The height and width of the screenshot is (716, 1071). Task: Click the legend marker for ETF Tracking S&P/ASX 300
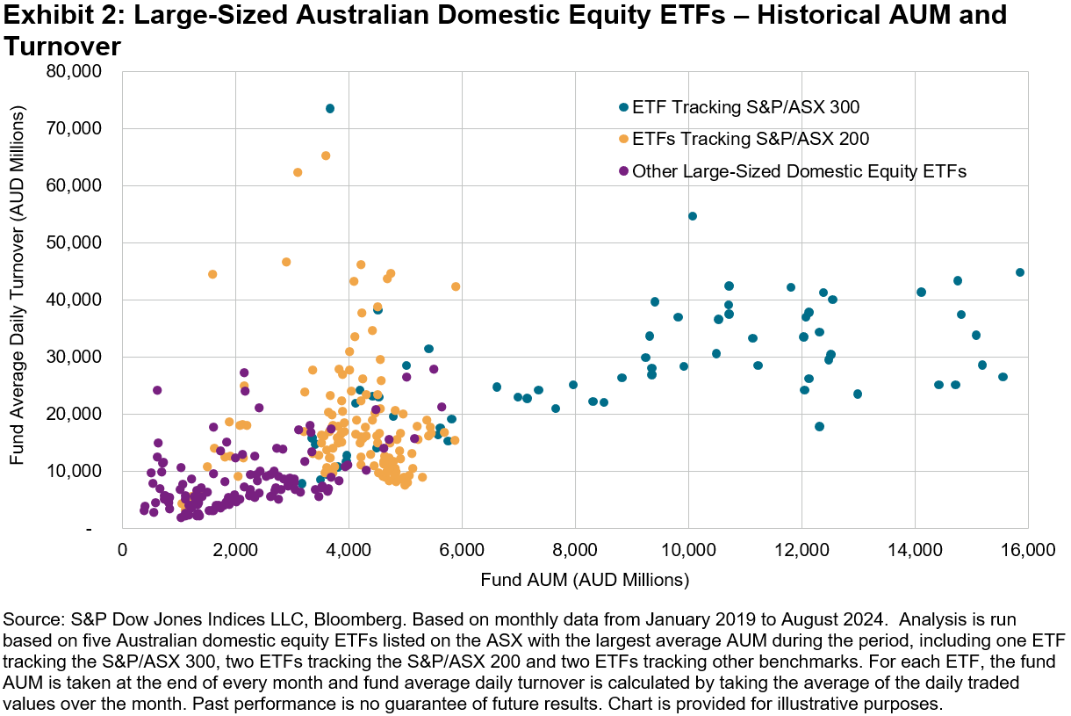tap(623, 107)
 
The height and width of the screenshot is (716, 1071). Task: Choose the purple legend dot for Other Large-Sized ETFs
tap(623, 171)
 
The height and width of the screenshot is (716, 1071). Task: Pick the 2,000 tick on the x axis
tap(235, 551)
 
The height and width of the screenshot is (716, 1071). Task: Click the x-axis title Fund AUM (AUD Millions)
tap(584, 580)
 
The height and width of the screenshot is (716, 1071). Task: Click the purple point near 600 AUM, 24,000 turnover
tap(157, 390)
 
